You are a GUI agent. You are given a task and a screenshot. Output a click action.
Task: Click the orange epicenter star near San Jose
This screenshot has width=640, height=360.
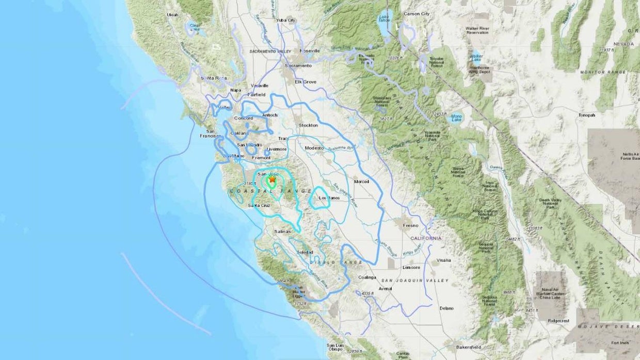pyautogui.click(x=272, y=179)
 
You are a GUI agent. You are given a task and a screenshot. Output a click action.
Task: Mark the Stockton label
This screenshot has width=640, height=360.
pyautogui.click(x=308, y=125)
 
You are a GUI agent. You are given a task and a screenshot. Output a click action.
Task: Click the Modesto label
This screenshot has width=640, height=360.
pyautogui.click(x=314, y=148)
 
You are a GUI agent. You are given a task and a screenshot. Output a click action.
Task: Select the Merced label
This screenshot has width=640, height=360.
pyautogui.click(x=361, y=182)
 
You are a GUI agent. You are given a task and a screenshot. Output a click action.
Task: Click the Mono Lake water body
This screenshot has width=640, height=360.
pyautogui.click(x=456, y=118)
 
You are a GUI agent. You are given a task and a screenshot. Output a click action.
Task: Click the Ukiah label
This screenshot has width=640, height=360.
pyautogui.click(x=173, y=15)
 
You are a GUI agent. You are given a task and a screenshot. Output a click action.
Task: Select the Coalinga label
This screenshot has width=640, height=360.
pyautogui.click(x=367, y=277)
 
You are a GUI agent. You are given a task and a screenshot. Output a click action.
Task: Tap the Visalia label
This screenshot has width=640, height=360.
pyautogui.click(x=443, y=260)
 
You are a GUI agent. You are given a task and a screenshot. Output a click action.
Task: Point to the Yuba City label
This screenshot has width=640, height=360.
pyautogui.click(x=286, y=21)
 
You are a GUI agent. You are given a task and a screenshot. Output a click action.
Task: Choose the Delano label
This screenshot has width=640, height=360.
pyautogui.click(x=446, y=308)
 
